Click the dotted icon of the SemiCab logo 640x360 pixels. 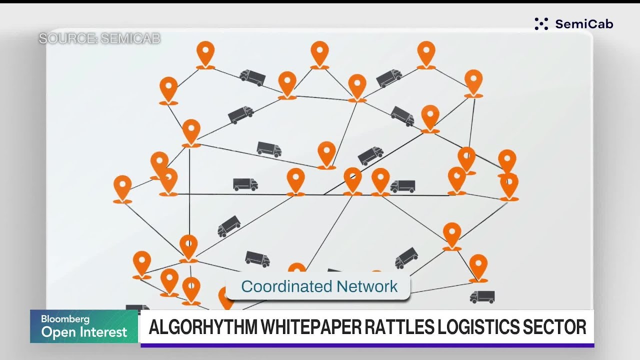click(541, 23)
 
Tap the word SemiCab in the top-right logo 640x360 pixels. click(584, 24)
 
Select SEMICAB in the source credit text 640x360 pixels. click(130, 38)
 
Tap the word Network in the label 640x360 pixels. click(367, 286)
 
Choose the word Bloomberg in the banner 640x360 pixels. click(65, 319)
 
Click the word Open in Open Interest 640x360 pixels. click(58, 332)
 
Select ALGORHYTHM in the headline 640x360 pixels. click(203, 327)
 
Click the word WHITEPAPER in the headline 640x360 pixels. click(310, 327)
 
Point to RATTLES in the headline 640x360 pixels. click(399, 327)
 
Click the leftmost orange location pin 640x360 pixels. click(122, 189)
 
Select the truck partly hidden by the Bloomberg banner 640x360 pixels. click(137, 307)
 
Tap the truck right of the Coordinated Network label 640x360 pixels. click(482, 297)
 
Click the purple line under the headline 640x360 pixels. click(367, 345)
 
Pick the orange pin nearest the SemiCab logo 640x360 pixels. click(473, 83)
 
